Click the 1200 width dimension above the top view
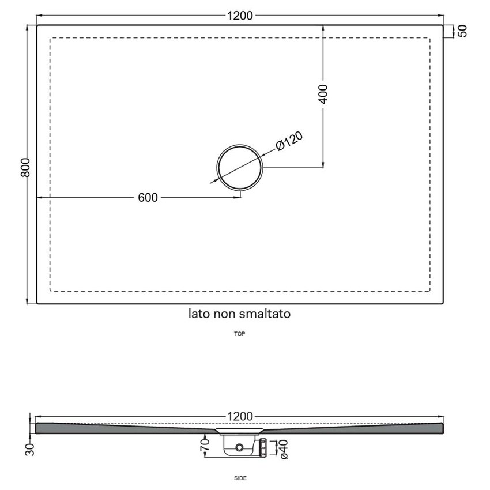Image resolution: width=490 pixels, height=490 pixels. pyautogui.click(x=240, y=16)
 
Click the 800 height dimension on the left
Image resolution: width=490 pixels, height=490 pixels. pyautogui.click(x=24, y=167)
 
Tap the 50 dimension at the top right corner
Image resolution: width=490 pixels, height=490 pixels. pyautogui.click(x=462, y=31)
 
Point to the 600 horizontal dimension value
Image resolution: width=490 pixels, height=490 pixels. pyautogui.click(x=148, y=197)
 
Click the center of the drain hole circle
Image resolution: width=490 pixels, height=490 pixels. pyautogui.click(x=239, y=167)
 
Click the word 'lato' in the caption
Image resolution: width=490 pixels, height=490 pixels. pyautogui.click(x=199, y=314)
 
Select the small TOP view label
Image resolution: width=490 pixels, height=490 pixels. pyautogui.click(x=240, y=333)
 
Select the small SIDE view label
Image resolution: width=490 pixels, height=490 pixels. pyautogui.click(x=240, y=478)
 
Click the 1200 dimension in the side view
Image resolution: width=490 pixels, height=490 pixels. pyautogui.click(x=240, y=417)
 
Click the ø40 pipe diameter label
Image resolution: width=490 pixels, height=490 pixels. pyautogui.click(x=282, y=450)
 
